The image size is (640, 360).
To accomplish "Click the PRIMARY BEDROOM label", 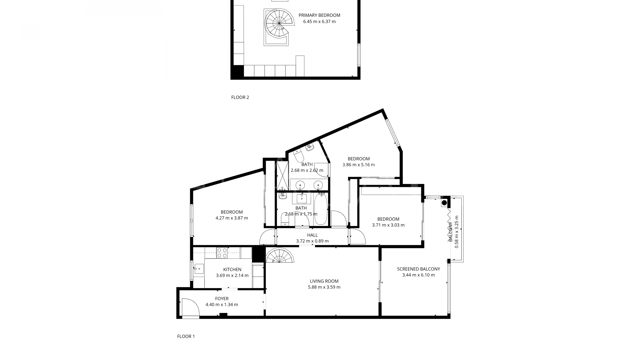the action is [319, 15].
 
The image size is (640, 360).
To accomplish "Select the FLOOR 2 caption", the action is [240, 98].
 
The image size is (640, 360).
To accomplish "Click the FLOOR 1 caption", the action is [186, 337].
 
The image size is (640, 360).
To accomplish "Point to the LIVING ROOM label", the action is [324, 281].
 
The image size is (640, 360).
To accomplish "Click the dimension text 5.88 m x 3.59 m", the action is [324, 287].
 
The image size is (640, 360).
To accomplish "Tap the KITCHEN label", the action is [232, 270].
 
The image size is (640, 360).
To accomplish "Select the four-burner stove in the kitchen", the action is [222, 253].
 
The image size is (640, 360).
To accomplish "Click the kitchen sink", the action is [199, 269].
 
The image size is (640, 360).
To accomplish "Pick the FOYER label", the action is [222, 299].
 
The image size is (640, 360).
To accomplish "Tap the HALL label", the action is [312, 235].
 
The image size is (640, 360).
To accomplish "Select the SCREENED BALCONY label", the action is [418, 269].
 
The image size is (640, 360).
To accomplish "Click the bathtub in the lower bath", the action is [321, 209].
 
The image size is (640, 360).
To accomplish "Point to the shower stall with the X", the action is [282, 176].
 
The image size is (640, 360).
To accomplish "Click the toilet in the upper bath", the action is [298, 155].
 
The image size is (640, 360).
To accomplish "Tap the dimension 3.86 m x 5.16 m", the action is [359, 165].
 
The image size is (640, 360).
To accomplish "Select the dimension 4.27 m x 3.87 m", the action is [232, 218].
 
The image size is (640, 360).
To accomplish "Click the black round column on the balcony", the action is [444, 203].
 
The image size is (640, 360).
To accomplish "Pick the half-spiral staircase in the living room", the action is [280, 256].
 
